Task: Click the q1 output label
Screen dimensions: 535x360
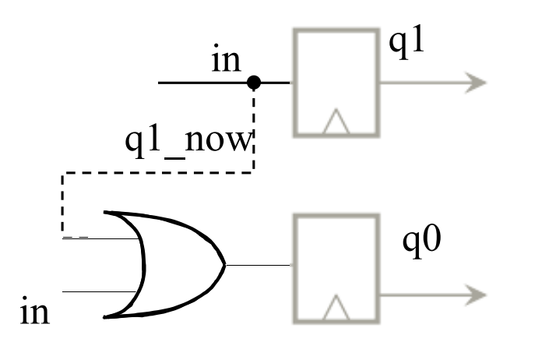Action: [407, 42]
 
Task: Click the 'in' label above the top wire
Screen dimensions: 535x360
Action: [226, 58]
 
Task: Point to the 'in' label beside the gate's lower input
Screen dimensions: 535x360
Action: [35, 310]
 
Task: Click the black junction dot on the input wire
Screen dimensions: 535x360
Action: [254, 83]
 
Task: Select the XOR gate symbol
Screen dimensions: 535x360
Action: [164, 265]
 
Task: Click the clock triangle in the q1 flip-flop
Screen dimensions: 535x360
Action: [336, 122]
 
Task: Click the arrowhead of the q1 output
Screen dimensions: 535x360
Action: [476, 83]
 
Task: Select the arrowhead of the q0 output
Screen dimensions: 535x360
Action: [476, 295]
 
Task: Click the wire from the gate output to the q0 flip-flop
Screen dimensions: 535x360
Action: [258, 265]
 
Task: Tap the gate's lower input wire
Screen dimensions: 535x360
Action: [100, 291]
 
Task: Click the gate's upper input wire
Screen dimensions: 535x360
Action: [101, 238]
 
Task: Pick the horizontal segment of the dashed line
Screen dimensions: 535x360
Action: [157, 173]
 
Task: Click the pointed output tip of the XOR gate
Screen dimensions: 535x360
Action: [225, 265]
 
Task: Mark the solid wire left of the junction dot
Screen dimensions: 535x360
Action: [202, 83]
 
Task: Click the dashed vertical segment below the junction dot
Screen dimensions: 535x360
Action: [254, 130]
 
